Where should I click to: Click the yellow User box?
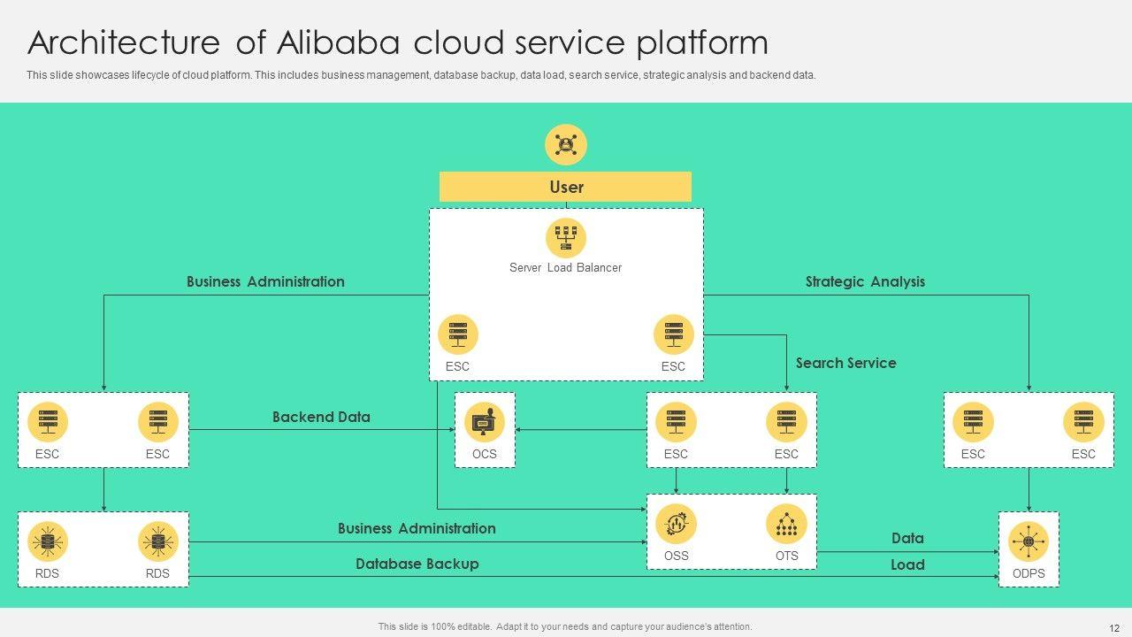[565, 187]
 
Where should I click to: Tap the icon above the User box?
[566, 144]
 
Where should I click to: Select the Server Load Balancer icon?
[566, 238]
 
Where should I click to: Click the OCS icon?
[484, 423]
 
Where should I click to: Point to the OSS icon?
[676, 524]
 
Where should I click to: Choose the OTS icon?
[786, 524]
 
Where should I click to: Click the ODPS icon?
[1029, 541]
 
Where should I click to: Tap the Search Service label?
[845, 363]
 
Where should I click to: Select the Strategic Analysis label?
[865, 281]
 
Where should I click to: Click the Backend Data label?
[321, 417]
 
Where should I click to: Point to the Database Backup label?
[417, 564]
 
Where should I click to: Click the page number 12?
[1113, 626]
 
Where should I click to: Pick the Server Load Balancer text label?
[565, 267]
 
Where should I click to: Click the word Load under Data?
[907, 564]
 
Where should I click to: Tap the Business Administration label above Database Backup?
[417, 528]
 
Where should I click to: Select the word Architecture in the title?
[124, 42]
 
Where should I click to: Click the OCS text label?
[484, 454]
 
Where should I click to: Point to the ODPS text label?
[1029, 573]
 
